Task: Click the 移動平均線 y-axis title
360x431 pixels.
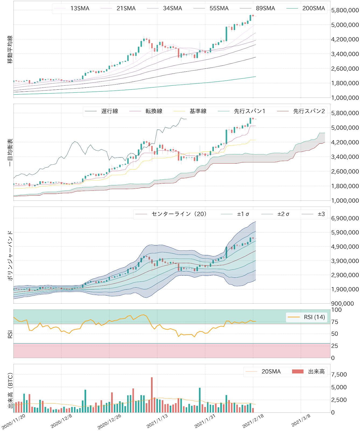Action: tap(10, 49)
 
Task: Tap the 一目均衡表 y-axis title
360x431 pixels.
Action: tap(10, 152)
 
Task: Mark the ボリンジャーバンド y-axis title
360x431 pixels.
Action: tap(10, 255)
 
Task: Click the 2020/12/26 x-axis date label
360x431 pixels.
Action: tap(109, 422)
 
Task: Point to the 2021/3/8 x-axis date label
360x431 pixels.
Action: tap(301, 420)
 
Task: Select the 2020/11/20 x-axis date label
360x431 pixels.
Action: tap(13, 422)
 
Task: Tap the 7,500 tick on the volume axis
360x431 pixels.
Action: tap(339, 374)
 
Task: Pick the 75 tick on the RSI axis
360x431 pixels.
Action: tap(335, 322)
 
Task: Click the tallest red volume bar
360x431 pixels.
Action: tap(152, 395)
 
